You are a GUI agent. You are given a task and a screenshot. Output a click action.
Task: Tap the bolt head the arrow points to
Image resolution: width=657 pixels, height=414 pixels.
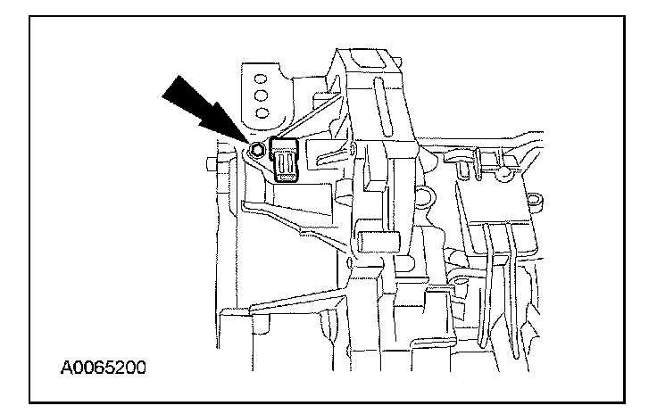pyautogui.click(x=257, y=151)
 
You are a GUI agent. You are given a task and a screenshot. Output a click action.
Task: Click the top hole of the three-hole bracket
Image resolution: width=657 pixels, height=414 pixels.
pyautogui.click(x=262, y=76)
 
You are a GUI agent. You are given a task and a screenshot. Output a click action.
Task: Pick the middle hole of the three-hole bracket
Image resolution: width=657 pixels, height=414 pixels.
pyautogui.click(x=262, y=94)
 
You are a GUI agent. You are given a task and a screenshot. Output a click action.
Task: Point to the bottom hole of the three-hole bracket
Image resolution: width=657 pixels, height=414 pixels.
pyautogui.click(x=262, y=112)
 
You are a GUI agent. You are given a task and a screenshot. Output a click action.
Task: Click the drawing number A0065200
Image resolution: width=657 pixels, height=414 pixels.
pyautogui.click(x=104, y=367)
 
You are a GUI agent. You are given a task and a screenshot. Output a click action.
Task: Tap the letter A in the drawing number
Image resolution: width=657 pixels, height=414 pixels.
pyautogui.click(x=68, y=367)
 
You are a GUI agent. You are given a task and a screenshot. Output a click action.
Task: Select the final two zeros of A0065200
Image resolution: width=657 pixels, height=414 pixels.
pyautogui.click(x=134, y=367)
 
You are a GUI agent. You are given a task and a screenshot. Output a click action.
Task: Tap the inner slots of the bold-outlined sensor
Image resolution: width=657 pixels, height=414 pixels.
pyautogui.click(x=286, y=163)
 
